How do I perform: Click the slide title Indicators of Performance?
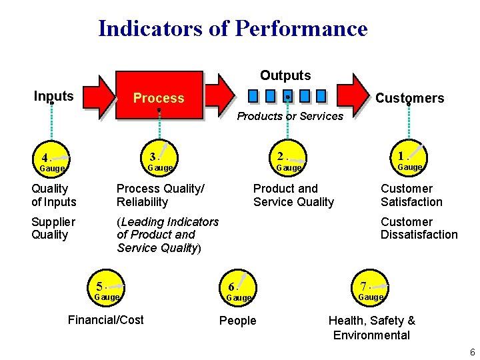click(x=233, y=29)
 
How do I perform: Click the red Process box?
click(x=159, y=97)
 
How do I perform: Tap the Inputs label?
click(x=53, y=96)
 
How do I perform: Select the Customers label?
click(x=409, y=98)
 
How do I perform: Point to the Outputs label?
click(x=285, y=75)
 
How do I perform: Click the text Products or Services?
click(x=290, y=116)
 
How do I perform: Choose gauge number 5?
click(x=107, y=287)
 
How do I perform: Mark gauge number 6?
click(x=238, y=288)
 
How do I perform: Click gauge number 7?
click(x=371, y=287)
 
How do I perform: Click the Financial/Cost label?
click(x=105, y=320)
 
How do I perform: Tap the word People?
click(x=237, y=321)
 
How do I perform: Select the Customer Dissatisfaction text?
click(x=419, y=228)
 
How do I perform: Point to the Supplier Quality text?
click(x=53, y=228)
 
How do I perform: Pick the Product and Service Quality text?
click(x=293, y=195)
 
